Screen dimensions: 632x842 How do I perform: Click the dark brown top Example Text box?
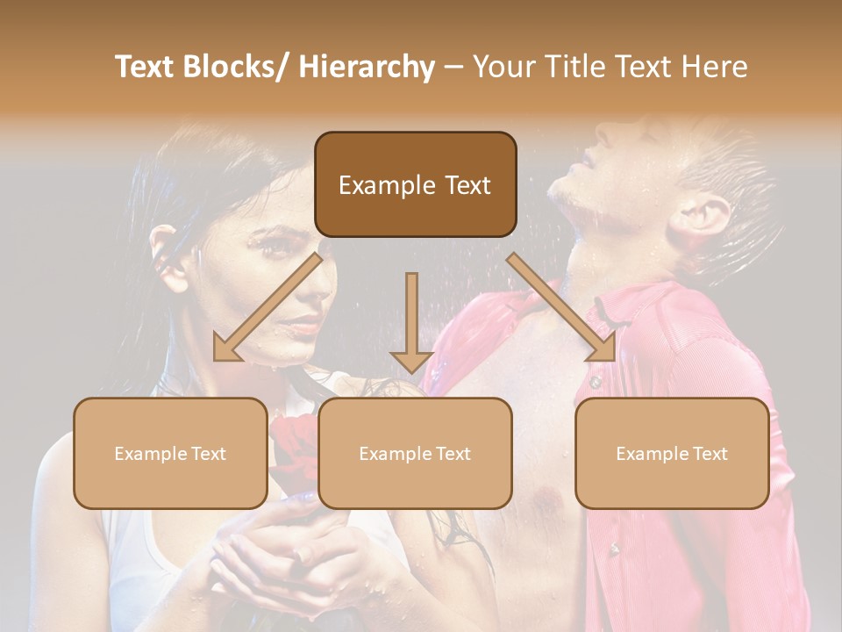415,184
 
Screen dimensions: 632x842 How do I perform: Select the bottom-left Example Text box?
170,453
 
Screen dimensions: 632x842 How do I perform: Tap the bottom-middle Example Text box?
415,453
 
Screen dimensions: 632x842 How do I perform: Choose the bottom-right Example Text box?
672,453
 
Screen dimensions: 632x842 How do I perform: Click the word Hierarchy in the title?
367,67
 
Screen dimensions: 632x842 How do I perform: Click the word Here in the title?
713,67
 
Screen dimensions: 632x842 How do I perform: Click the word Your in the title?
503,67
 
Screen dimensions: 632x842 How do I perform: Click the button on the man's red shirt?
596,382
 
